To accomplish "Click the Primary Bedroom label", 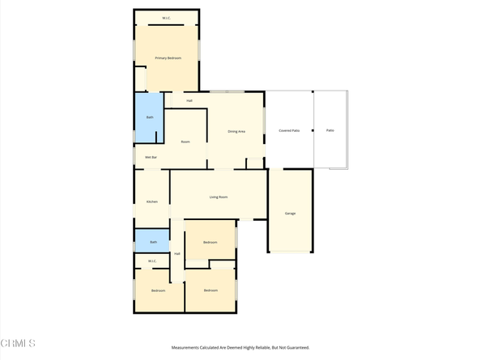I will point(168,58).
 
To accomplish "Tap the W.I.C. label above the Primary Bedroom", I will point(166,18).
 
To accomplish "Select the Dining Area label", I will point(236,131).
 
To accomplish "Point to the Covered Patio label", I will point(289,130).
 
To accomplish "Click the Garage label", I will point(290,214).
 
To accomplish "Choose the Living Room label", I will point(219,197).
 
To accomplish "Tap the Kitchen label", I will point(151,201).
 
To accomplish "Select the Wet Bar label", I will point(151,157).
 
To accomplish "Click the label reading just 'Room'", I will point(185,142).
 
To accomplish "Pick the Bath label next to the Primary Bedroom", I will point(149,118).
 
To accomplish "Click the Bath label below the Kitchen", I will point(153,242).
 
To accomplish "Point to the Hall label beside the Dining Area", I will point(189,101).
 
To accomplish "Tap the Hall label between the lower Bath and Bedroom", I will point(177,255).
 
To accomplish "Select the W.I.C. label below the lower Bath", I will point(151,260).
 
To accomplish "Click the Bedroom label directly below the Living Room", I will point(210,243).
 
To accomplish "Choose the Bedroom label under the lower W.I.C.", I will point(158,290).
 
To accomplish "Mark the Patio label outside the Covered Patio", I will point(330,130).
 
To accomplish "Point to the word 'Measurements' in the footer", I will point(185,348).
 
